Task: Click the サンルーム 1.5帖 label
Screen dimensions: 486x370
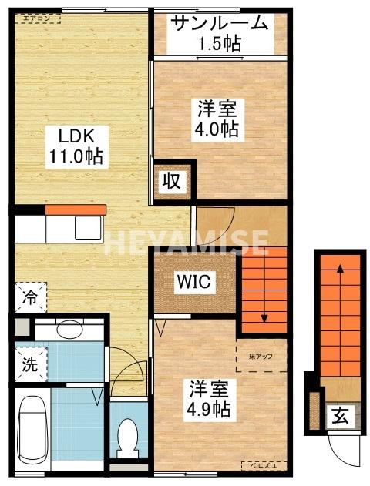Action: pos(220,32)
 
